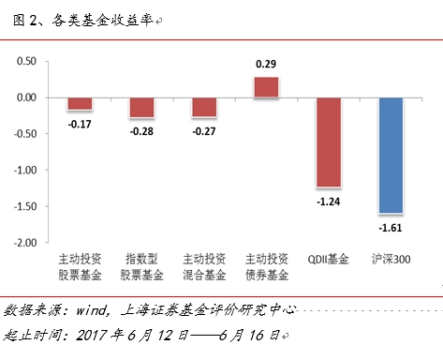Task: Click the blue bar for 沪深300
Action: point(391,155)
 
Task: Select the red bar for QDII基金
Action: point(328,142)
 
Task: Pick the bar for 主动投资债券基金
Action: point(266,86)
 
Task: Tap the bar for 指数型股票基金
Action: point(141,107)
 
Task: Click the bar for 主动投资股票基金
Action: point(80,103)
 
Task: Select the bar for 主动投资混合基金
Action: point(204,107)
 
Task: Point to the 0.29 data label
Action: point(266,65)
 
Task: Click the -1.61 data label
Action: point(391,226)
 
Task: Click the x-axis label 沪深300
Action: point(391,259)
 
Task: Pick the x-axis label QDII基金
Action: point(328,259)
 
